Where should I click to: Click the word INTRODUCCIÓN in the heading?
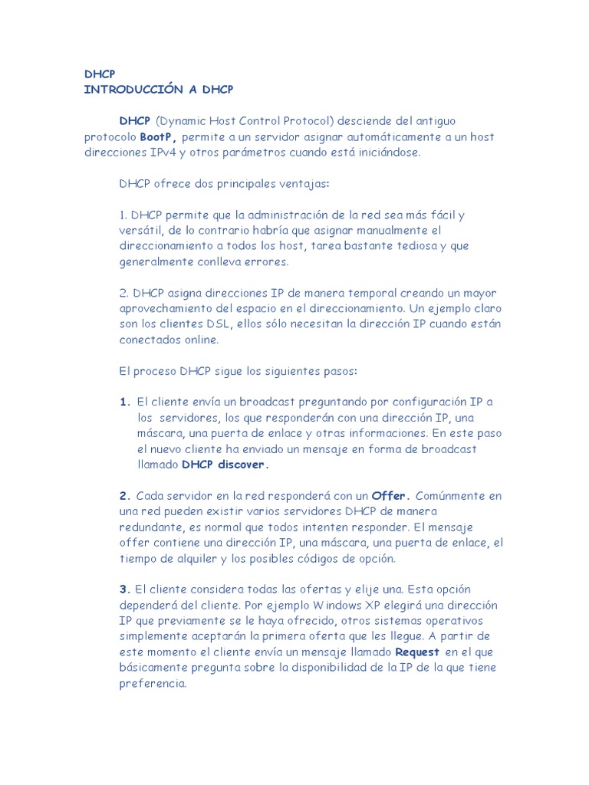point(130,90)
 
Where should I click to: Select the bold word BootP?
point(159,136)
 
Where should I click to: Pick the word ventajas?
point(303,184)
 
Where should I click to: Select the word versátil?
point(140,230)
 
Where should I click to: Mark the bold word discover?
point(244,465)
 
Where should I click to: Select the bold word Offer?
point(390,496)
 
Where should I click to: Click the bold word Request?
point(417,652)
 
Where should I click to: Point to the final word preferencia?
point(153,683)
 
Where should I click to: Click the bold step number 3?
point(124,590)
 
